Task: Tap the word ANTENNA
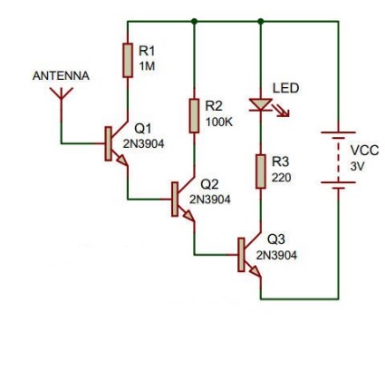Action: pos(61,76)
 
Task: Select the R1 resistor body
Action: pos(128,60)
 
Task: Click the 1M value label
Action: pos(147,65)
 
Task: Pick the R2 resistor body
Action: pos(194,115)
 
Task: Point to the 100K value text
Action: pos(219,122)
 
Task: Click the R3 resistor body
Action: pos(261,171)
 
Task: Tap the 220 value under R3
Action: pos(282,178)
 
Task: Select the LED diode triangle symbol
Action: pos(261,104)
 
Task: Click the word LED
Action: pos(286,88)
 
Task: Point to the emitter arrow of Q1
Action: pos(122,161)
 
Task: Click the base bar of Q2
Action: pos(175,199)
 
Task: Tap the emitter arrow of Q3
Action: pos(255,271)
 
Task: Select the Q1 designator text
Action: pos(143,129)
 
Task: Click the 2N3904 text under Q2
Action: pos(210,200)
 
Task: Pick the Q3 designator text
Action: pos(276,240)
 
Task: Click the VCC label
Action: pos(364,151)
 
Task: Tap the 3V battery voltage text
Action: pos(357,166)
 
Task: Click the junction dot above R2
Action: pos(194,21)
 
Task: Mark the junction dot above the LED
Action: pos(261,21)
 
